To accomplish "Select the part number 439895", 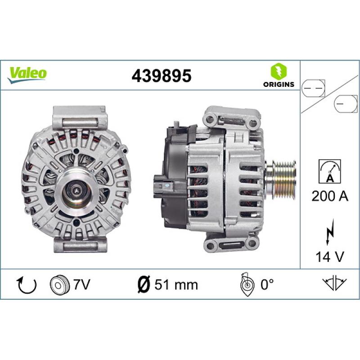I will (161, 76).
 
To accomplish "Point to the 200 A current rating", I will (329, 196).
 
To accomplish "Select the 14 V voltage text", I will (330, 257).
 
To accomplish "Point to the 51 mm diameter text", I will (176, 284).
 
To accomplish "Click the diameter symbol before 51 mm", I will (143, 284).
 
